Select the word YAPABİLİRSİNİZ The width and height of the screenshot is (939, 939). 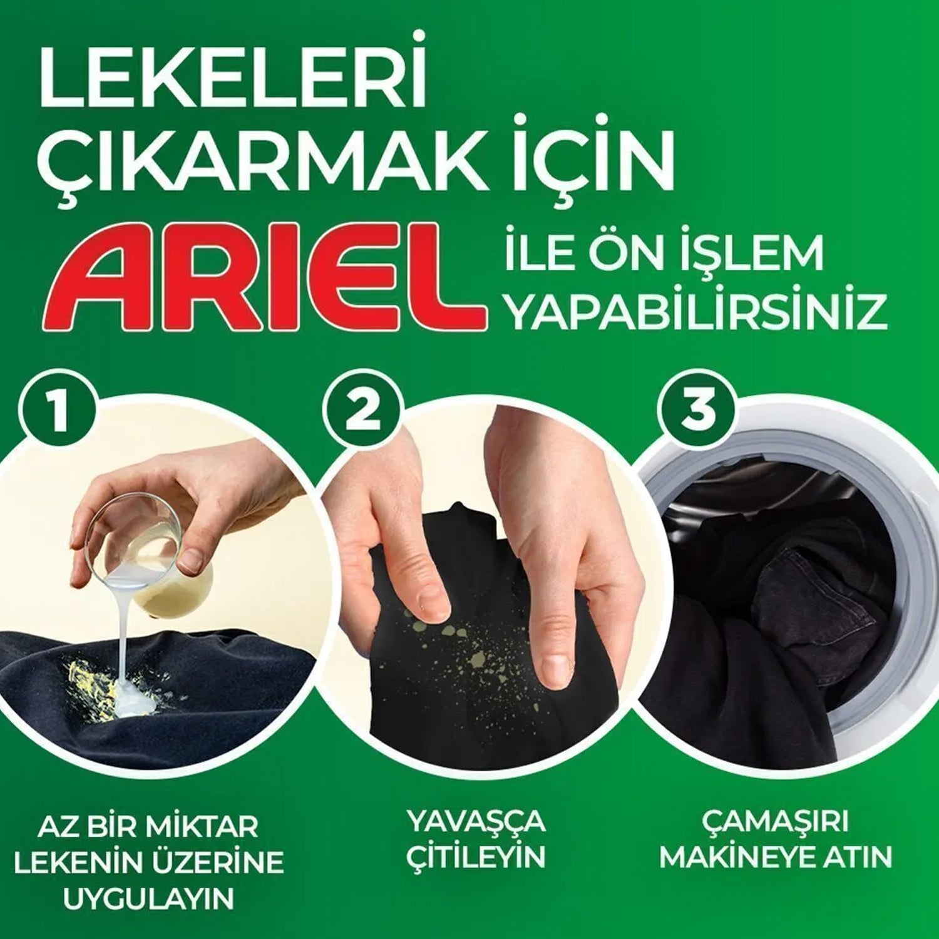pos(697,313)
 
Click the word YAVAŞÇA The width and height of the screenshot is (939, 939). pos(476,821)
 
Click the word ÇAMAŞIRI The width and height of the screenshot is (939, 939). pos(775,822)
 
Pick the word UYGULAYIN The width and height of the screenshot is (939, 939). pos(149,898)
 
